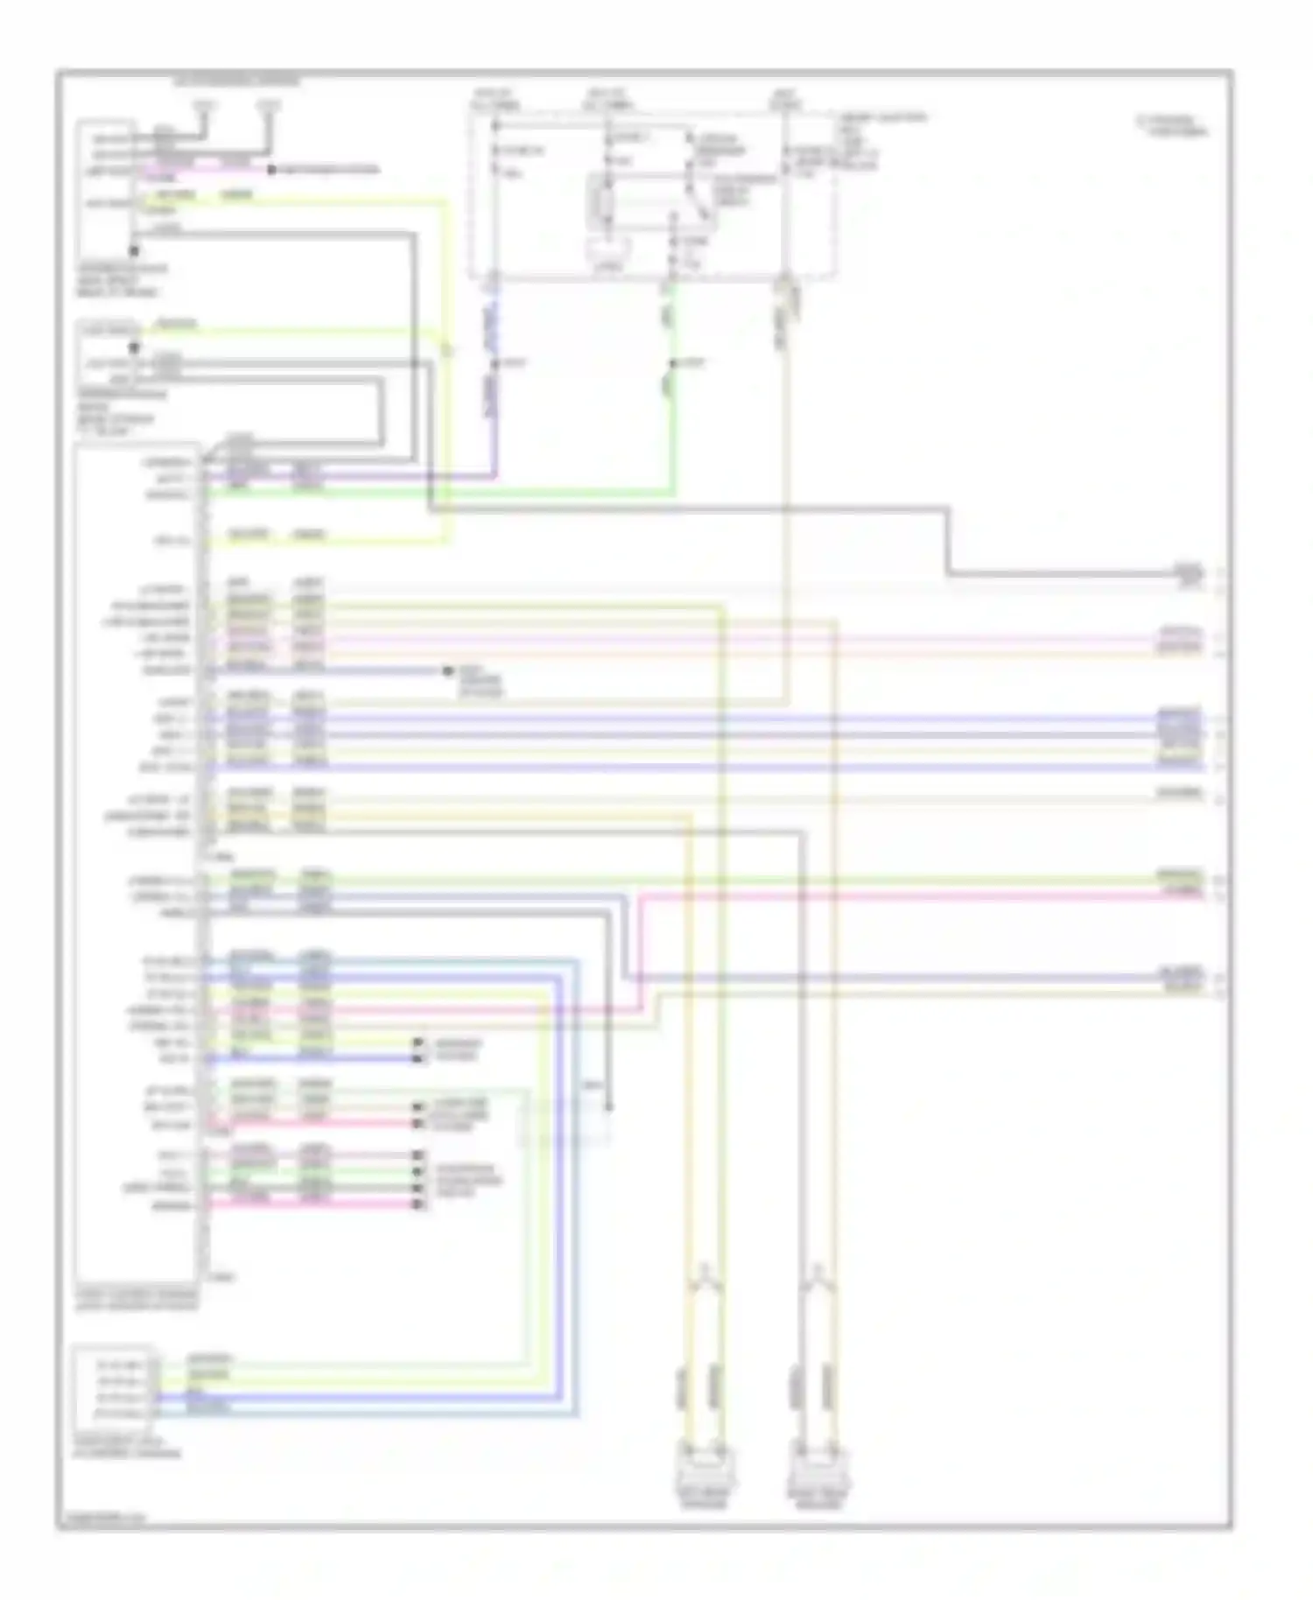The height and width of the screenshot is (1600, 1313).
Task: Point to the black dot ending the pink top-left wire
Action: (x=271, y=169)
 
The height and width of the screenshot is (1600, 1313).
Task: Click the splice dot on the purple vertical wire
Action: (x=494, y=362)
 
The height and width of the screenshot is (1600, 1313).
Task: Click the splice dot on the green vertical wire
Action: (x=673, y=362)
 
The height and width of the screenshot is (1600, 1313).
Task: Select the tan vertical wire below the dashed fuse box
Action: (x=787, y=525)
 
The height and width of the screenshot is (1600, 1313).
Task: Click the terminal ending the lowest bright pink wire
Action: (x=418, y=1205)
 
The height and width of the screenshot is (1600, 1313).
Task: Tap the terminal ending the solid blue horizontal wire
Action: (x=418, y=1059)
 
